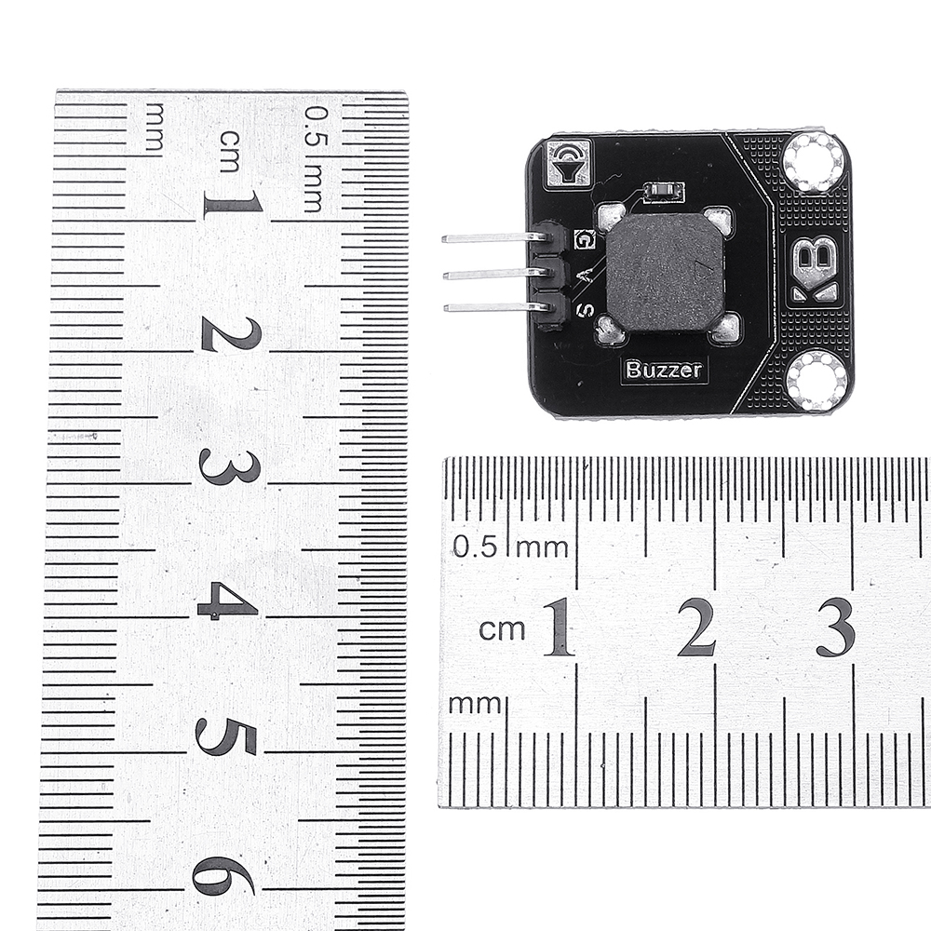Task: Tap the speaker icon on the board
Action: pyautogui.click(x=567, y=162)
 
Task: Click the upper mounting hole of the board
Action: pyautogui.click(x=813, y=161)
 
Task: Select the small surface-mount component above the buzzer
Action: pyautogui.click(x=664, y=192)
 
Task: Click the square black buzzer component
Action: pyautogui.click(x=665, y=272)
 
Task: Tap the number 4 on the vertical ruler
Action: pyautogui.click(x=227, y=602)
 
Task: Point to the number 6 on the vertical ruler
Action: pyautogui.click(x=223, y=875)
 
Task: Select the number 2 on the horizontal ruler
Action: pyautogui.click(x=696, y=627)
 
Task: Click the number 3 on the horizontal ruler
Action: pyautogui.click(x=835, y=627)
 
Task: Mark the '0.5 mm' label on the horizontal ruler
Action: pyautogui.click(x=510, y=546)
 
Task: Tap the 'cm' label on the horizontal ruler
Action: pyautogui.click(x=502, y=630)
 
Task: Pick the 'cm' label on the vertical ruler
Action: pyautogui.click(x=229, y=151)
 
